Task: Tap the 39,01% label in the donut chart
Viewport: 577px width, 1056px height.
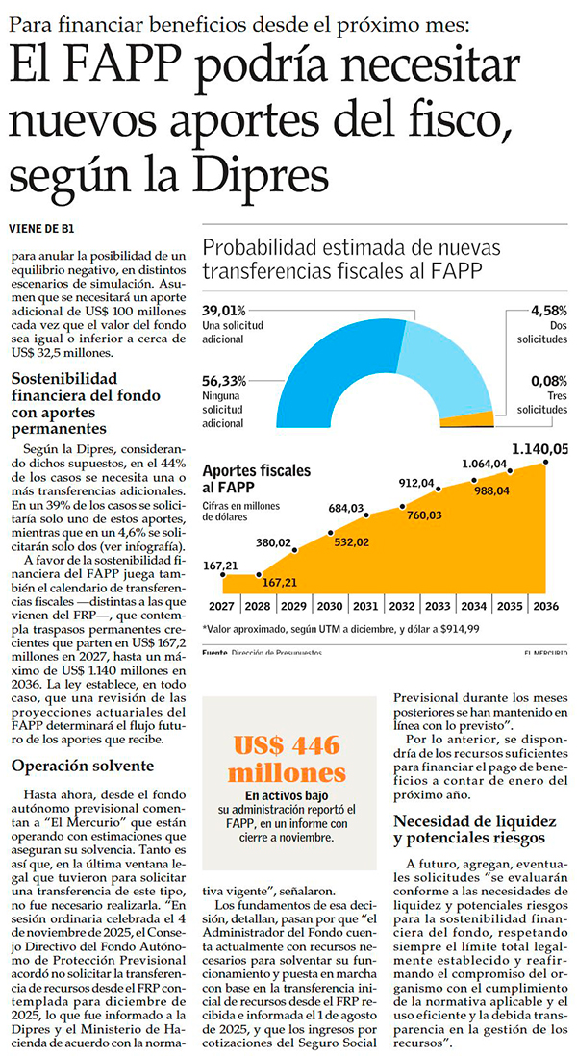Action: tap(224, 311)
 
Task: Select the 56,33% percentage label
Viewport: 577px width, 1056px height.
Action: tap(224, 381)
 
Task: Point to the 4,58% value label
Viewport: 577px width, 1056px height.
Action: tap(548, 311)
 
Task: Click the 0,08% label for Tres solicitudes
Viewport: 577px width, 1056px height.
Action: tap(548, 381)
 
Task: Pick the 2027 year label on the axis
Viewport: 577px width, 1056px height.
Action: tap(220, 607)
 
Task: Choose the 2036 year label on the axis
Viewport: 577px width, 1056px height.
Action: tap(545, 607)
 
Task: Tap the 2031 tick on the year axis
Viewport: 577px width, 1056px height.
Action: tap(365, 607)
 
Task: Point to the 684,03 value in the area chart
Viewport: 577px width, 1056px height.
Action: tap(343, 508)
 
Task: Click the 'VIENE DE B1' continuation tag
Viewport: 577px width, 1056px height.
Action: tap(40, 228)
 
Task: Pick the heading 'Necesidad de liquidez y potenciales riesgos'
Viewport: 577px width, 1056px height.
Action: tap(476, 830)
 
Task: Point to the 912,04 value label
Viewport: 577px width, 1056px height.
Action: tap(416, 483)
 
